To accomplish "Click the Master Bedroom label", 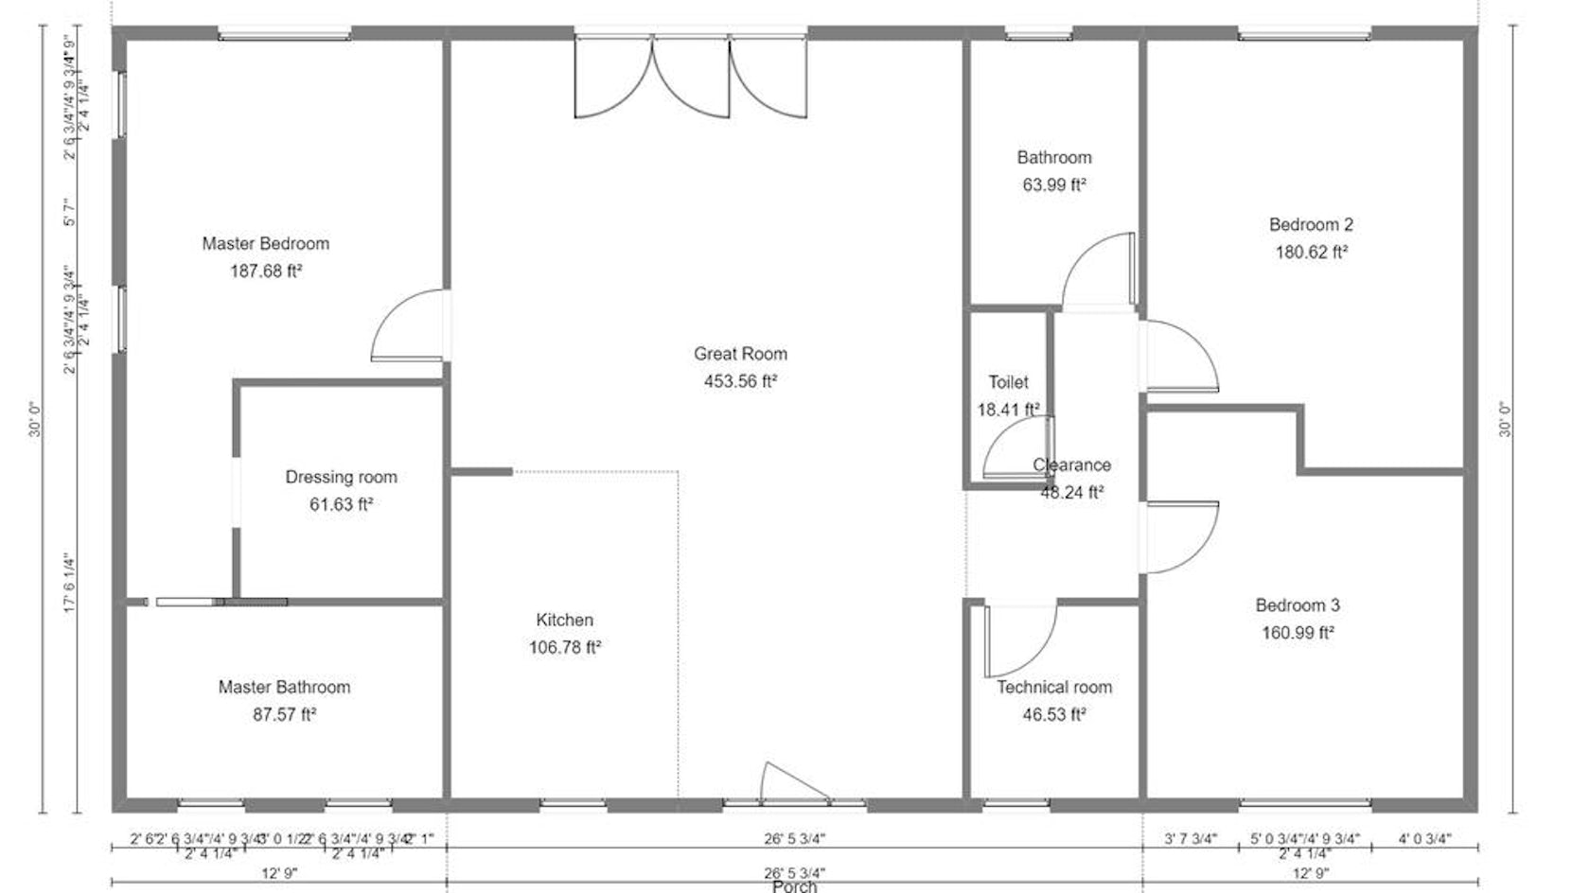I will click(265, 243).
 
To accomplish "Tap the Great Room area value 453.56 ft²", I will click(740, 381).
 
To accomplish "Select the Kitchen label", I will click(564, 620).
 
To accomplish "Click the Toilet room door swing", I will click(1016, 448).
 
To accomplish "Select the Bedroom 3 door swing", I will click(1179, 537).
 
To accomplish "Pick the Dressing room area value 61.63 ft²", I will click(341, 504).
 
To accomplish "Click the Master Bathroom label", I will click(284, 687).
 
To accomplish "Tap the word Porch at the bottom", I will click(794, 886).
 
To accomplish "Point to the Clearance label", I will click(1071, 464).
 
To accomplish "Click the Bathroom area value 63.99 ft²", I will click(1053, 184).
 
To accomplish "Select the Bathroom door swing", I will click(1098, 272).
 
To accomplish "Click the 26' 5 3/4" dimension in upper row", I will click(794, 838).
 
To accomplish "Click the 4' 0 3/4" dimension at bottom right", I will click(1423, 838).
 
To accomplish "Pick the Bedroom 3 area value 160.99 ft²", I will click(1297, 632).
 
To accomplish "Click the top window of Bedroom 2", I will click(1304, 35).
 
